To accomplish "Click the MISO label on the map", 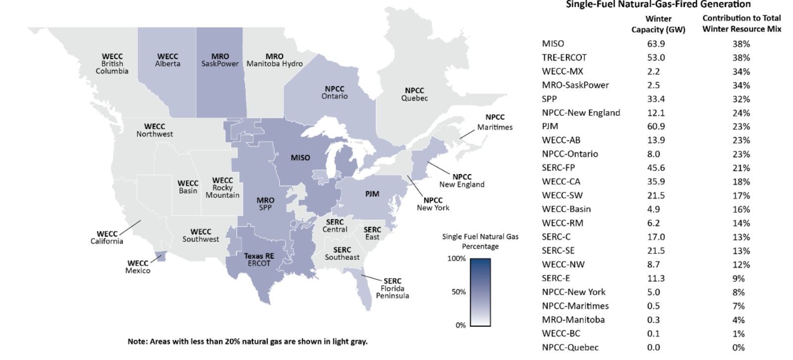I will coord(300,158).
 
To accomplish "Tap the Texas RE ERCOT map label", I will coord(259,260).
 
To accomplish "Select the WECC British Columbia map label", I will coord(112,63).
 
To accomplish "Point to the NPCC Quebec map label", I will coord(414,94).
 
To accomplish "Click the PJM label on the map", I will coord(372,194).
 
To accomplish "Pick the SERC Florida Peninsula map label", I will coord(392,288).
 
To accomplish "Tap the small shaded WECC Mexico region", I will coord(161,256).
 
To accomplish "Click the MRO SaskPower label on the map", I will coord(220,60).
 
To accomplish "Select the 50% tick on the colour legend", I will coord(458,292).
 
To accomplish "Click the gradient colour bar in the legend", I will coord(480,292).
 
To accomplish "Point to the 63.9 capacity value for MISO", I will coord(656,44).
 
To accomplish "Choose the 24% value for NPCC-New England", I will coord(741,113).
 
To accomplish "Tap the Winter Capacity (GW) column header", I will coord(658,24).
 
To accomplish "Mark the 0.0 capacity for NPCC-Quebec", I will coord(653,347).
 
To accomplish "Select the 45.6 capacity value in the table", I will coord(656,168).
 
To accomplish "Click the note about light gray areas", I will coord(247,341).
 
